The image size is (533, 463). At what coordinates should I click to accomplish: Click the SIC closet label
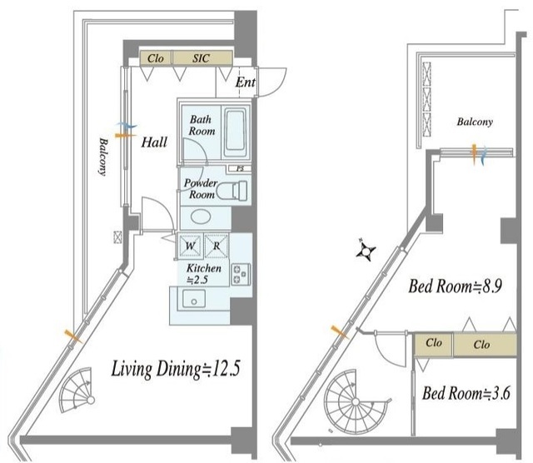pyautogui.click(x=201, y=58)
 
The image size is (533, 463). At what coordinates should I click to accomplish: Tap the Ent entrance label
pyautogui.click(x=246, y=82)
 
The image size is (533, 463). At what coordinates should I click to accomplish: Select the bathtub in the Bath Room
pyautogui.click(x=235, y=132)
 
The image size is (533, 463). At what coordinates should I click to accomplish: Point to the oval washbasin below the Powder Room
pyautogui.click(x=201, y=217)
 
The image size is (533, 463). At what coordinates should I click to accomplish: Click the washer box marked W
pyautogui.click(x=190, y=246)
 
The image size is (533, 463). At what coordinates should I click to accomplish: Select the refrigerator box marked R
pyautogui.click(x=217, y=246)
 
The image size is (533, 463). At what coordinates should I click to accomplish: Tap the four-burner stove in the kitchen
pyautogui.click(x=241, y=274)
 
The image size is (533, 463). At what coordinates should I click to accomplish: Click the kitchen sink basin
pyautogui.click(x=193, y=298)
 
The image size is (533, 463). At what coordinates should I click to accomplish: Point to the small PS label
pyautogui.click(x=240, y=168)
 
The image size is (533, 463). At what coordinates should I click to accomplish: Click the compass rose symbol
pyautogui.click(x=366, y=251)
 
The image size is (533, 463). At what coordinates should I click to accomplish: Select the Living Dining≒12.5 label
pyautogui.click(x=176, y=369)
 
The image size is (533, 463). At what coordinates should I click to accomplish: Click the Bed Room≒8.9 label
pyautogui.click(x=456, y=286)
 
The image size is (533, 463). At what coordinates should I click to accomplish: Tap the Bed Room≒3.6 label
pyautogui.click(x=466, y=393)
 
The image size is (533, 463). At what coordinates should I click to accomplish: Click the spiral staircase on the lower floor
pyautogui.click(x=77, y=390)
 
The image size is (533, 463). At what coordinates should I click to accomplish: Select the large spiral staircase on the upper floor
pyautogui.click(x=356, y=402)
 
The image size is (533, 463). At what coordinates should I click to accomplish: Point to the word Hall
pyautogui.click(x=154, y=142)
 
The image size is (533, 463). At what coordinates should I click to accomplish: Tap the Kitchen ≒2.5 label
pyautogui.click(x=203, y=274)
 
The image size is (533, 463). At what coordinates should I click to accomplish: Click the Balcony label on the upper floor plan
pyautogui.click(x=475, y=122)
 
